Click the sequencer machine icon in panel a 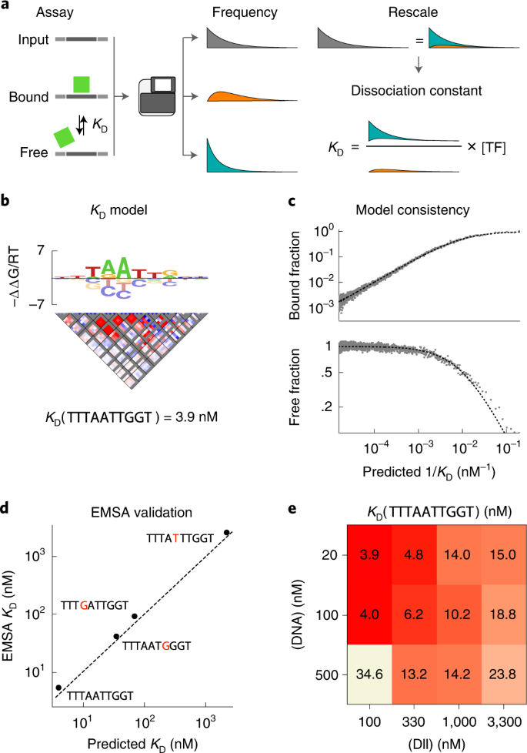pyautogui.click(x=158, y=96)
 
